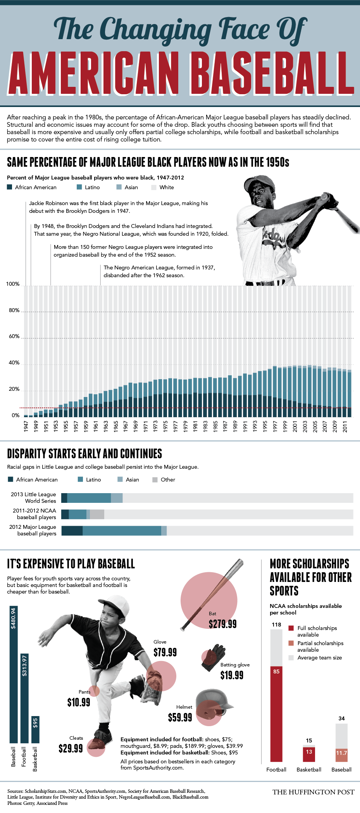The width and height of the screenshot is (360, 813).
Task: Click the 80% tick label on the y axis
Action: click(x=14, y=310)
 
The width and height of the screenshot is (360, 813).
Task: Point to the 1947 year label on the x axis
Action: click(x=26, y=426)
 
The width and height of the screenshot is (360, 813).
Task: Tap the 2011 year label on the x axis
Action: click(x=345, y=426)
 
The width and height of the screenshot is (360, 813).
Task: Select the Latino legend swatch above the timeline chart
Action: click(x=79, y=187)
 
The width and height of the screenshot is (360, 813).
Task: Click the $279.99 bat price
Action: click(x=222, y=624)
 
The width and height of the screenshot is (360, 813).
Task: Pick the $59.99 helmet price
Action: click(x=180, y=718)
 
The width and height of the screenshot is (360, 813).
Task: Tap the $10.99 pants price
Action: click(x=79, y=702)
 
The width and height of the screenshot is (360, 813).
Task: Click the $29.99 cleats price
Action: click(x=71, y=748)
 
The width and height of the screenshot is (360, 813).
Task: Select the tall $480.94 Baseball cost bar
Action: click(x=14, y=675)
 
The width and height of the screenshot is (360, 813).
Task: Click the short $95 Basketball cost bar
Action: click(x=35, y=729)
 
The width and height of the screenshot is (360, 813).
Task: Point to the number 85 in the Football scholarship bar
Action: click(x=276, y=671)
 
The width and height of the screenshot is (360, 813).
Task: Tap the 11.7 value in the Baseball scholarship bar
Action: click(x=341, y=753)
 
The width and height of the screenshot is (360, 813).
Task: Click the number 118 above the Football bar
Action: click(x=276, y=625)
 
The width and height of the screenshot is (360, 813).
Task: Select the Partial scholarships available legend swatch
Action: click(x=291, y=643)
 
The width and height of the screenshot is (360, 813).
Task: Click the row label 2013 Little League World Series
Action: click(x=34, y=497)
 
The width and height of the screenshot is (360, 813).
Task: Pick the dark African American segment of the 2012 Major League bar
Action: click(x=72, y=530)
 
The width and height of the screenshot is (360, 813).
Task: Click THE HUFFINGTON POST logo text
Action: click(x=313, y=792)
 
